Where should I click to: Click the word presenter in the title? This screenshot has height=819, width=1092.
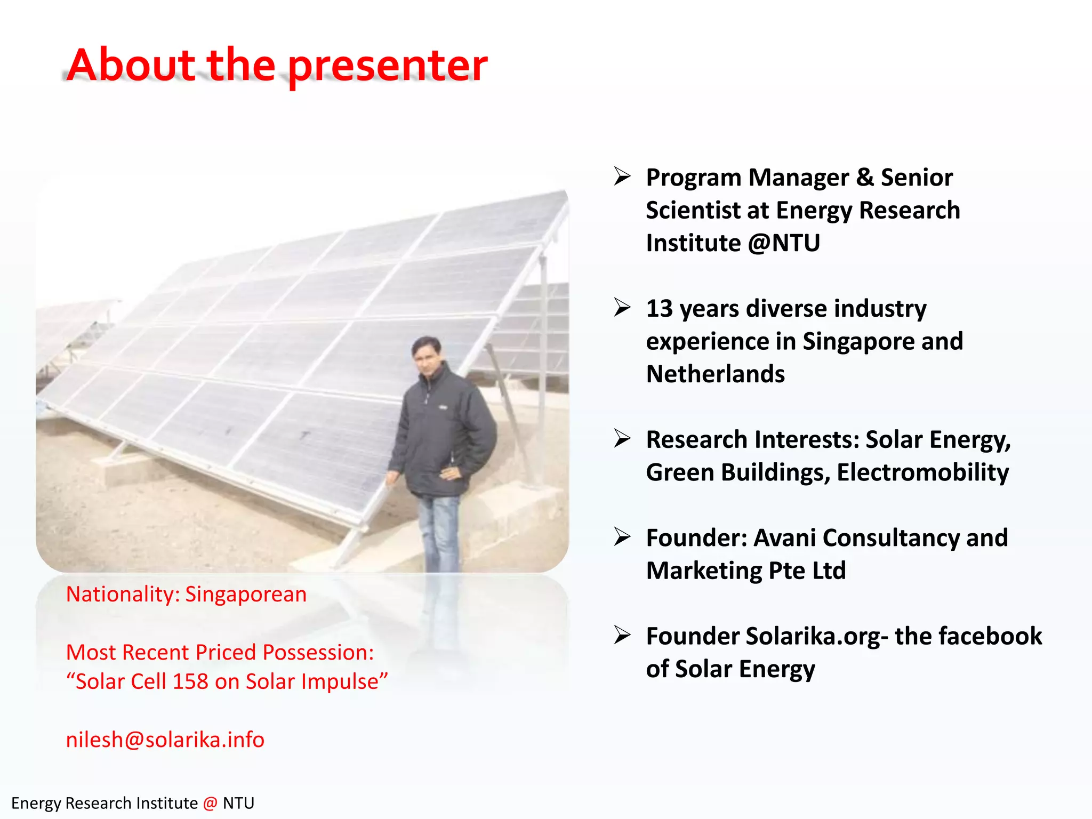tap(388, 66)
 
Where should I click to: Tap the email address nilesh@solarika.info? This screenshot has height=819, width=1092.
tap(165, 740)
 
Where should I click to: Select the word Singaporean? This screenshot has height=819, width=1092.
tap(246, 594)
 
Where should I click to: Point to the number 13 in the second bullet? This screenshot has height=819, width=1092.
tap(660, 309)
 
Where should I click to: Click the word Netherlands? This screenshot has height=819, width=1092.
tap(715, 374)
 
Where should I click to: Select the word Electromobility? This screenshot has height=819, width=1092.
tap(922, 472)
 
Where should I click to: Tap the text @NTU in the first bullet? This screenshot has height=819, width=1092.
tap(784, 243)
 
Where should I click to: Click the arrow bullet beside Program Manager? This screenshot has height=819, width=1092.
tap(622, 176)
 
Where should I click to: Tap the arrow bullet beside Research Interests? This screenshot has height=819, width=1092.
tap(622, 438)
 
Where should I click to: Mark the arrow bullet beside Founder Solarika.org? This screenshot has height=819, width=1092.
tap(622, 635)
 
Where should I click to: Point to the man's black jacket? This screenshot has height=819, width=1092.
tap(443, 432)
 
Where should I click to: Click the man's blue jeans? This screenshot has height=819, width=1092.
tap(439, 533)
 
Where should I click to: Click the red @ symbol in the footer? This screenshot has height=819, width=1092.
tap(210, 803)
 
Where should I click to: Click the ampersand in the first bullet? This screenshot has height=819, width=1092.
tap(865, 178)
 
